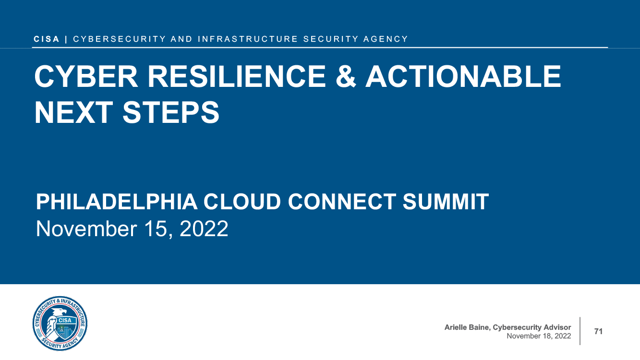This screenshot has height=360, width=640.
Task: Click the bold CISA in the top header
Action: (x=46, y=39)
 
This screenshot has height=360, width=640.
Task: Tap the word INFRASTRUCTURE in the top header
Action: (x=248, y=39)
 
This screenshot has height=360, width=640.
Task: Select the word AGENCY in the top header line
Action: (x=386, y=39)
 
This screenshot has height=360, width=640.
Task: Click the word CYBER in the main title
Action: (x=86, y=77)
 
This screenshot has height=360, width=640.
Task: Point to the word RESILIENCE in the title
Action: (x=237, y=77)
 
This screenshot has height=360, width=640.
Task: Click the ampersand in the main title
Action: (x=346, y=77)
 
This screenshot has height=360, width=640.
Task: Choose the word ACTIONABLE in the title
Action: (x=463, y=77)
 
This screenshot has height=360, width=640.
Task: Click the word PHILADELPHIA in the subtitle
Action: (x=117, y=202)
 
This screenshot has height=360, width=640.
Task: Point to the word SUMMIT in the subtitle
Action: (x=446, y=202)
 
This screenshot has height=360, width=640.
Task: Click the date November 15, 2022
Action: (x=132, y=228)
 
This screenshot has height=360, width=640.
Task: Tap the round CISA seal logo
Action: (x=60, y=324)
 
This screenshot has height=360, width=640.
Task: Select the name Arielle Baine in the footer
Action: (x=468, y=327)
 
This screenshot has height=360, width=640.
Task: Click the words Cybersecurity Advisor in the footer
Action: (x=532, y=328)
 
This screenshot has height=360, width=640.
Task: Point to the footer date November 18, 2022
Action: (x=539, y=336)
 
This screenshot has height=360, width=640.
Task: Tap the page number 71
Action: (x=598, y=331)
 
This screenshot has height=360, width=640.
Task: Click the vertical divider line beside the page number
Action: (x=580, y=331)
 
